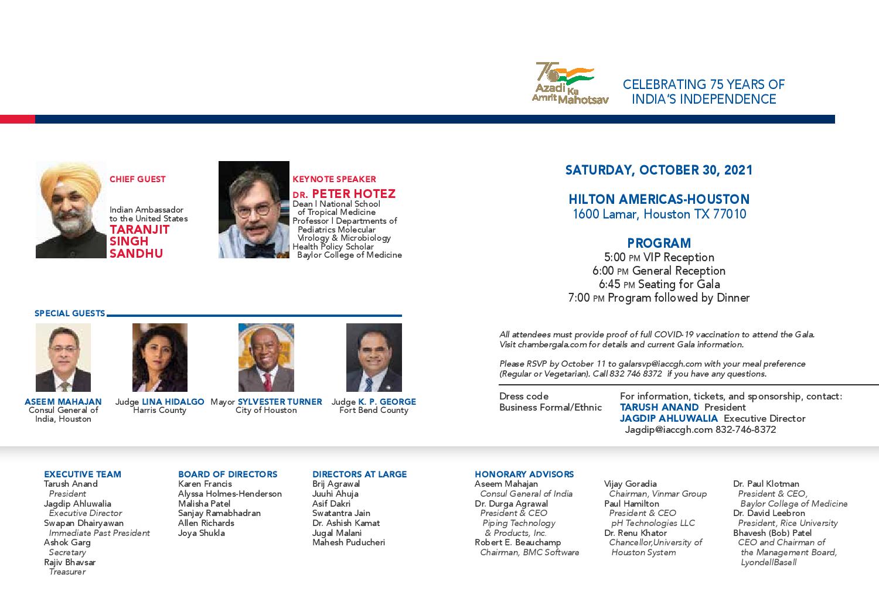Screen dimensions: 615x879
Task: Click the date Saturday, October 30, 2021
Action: click(x=659, y=170)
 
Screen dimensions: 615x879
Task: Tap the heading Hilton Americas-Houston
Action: click(x=659, y=199)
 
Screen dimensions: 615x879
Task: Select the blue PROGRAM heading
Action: click(x=659, y=243)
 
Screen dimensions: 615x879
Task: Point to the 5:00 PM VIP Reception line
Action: click(x=659, y=257)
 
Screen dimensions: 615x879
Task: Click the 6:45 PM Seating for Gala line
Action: click(x=659, y=284)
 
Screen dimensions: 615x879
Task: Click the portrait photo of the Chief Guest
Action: click(x=71, y=210)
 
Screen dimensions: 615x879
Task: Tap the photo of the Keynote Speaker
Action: click(x=254, y=210)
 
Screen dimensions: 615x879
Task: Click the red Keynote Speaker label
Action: click(x=334, y=179)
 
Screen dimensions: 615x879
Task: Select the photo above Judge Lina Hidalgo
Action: click(x=159, y=357)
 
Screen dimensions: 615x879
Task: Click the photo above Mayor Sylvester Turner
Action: click(x=266, y=357)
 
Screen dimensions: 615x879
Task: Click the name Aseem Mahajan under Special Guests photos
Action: click(x=63, y=402)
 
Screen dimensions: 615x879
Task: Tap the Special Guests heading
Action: click(x=70, y=313)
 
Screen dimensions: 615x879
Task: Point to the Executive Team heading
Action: click(x=83, y=474)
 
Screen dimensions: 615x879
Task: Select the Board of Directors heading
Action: click(x=227, y=474)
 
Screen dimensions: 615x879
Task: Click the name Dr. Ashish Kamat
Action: click(x=346, y=523)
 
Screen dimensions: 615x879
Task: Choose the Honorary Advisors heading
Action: click(x=524, y=474)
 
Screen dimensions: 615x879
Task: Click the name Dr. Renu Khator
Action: click(x=635, y=533)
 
